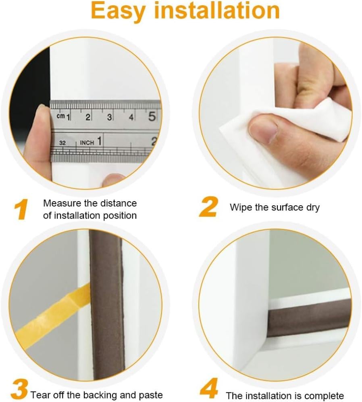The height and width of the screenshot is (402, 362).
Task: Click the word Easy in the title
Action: click(118, 11)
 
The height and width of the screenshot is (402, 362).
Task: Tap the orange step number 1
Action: click(21, 210)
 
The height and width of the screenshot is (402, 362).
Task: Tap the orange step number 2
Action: click(208, 207)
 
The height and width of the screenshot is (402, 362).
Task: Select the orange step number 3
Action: click(19, 390)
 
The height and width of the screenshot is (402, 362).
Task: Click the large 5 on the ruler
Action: click(152, 116)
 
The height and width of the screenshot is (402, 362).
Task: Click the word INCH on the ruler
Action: click(87, 143)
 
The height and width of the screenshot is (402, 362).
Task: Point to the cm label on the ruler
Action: click(60, 116)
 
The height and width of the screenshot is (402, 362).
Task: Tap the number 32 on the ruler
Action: click(62, 143)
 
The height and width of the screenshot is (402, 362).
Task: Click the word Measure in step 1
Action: click(62, 203)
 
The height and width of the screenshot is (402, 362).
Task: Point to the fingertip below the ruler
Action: click(113, 180)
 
